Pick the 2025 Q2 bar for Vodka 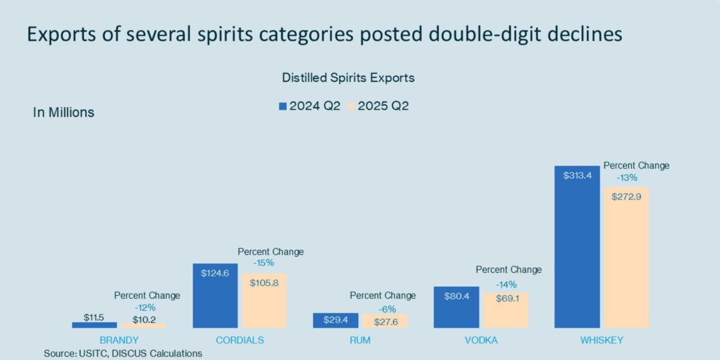pyautogui.click(x=505, y=310)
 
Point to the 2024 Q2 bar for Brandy pyautogui.click(x=94, y=325)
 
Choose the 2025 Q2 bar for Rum pyautogui.click(x=385, y=321)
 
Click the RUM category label pyautogui.click(x=360, y=340)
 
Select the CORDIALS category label pyautogui.click(x=240, y=340)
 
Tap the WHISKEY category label pyautogui.click(x=601, y=340)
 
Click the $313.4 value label pyautogui.click(x=577, y=176)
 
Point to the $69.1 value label pyautogui.click(x=505, y=297)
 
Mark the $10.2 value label pyautogui.click(x=144, y=320)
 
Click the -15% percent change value pyautogui.click(x=263, y=263)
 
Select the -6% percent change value pyautogui.click(x=384, y=309)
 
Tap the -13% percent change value pyautogui.click(x=627, y=178)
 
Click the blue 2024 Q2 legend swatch pyautogui.click(x=283, y=106)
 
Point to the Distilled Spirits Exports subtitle pyautogui.click(x=348, y=78)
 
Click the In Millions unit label pyautogui.click(x=64, y=112)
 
